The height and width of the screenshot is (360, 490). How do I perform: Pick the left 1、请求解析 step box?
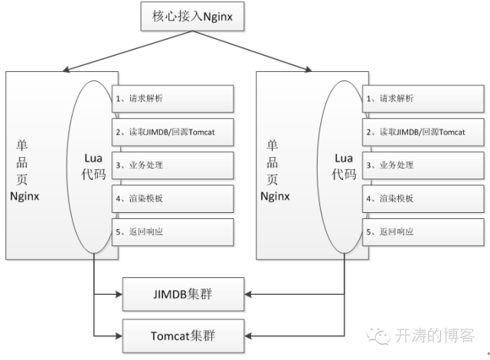coord(174,99)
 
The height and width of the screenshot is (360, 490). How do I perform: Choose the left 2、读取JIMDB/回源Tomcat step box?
coord(174,132)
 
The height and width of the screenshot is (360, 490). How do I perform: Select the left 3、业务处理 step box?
coord(174,165)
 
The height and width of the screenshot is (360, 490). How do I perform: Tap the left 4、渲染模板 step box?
coord(174,198)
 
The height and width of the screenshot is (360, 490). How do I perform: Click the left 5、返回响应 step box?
coord(174,231)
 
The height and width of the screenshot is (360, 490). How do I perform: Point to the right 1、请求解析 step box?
coord(424,99)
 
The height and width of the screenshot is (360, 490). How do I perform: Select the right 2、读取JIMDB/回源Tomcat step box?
coord(424,132)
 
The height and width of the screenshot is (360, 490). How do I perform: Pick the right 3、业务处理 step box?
coord(424,165)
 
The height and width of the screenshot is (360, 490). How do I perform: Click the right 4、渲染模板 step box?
coord(424,198)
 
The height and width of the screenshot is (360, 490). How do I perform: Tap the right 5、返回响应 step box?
coord(424,231)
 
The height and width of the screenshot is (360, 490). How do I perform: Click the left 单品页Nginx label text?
coord(28,169)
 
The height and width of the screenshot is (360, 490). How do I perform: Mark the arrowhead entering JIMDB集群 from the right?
coord(250,293)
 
